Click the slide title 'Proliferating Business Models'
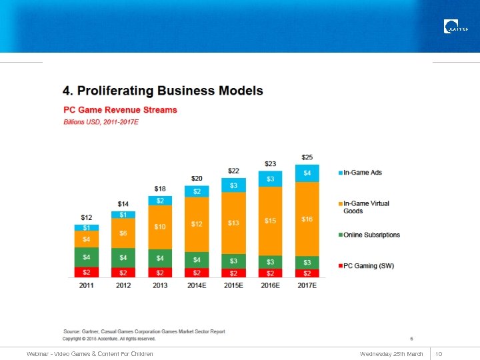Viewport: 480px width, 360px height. coord(163,91)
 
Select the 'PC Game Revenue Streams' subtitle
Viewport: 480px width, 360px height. coord(120,109)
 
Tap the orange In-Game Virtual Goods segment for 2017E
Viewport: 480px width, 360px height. coord(307,219)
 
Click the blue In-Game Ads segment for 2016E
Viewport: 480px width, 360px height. coord(270,179)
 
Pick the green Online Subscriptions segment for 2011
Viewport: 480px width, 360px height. coord(87,257)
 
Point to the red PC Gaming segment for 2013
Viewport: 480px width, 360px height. coord(160,273)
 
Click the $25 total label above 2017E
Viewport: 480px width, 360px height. coord(307,157)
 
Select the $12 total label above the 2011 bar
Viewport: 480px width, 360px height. coord(87,217)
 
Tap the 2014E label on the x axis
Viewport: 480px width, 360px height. coord(197,285)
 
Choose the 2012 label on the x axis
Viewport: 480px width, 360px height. coord(123,285)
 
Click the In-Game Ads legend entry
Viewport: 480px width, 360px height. coord(363,173)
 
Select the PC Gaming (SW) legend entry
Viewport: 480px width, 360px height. coord(369,266)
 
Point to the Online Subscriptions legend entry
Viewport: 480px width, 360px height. coord(371,235)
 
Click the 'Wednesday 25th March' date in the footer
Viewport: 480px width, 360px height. coord(391,353)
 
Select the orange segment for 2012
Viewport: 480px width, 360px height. coord(123,233)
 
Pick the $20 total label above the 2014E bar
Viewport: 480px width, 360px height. coord(197,179)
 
